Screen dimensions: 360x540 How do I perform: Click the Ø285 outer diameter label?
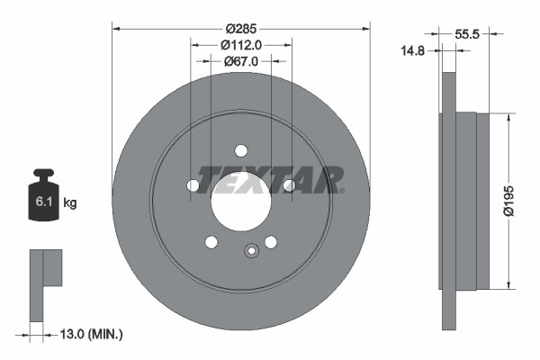[x=240, y=16]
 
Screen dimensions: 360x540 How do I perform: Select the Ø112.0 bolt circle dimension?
[x=240, y=43]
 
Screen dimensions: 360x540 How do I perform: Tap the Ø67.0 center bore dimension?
[x=240, y=61]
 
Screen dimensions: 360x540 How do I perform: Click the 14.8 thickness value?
[x=414, y=51]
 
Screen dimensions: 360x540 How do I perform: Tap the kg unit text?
[x=70, y=203]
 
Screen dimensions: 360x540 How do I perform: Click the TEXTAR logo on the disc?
[x=270, y=179]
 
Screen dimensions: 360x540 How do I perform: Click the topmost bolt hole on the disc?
[x=240, y=150]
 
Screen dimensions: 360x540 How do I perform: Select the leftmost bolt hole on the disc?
[x=193, y=185]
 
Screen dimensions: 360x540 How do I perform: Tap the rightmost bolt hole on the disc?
[x=288, y=185]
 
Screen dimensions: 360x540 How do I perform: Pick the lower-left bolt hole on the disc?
[x=211, y=241]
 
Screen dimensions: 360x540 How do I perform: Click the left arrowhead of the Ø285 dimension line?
[x=115, y=28]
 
